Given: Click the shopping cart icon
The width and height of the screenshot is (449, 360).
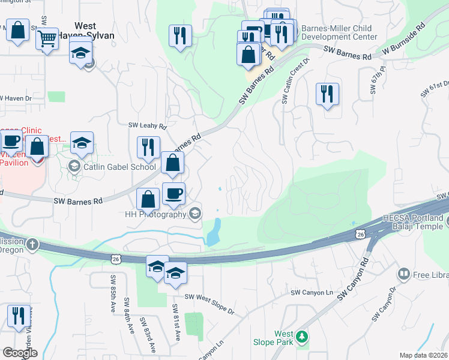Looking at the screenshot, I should point(47,40).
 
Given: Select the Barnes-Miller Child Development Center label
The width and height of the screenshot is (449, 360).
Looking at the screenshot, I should point(337,32).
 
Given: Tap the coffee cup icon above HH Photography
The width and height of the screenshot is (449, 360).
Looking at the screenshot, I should point(173,194).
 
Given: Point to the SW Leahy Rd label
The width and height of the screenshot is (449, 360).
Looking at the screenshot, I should point(147,125).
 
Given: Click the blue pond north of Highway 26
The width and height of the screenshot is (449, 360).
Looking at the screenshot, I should point(214,232).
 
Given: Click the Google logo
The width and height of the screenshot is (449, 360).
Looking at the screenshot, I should point(20,353).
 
